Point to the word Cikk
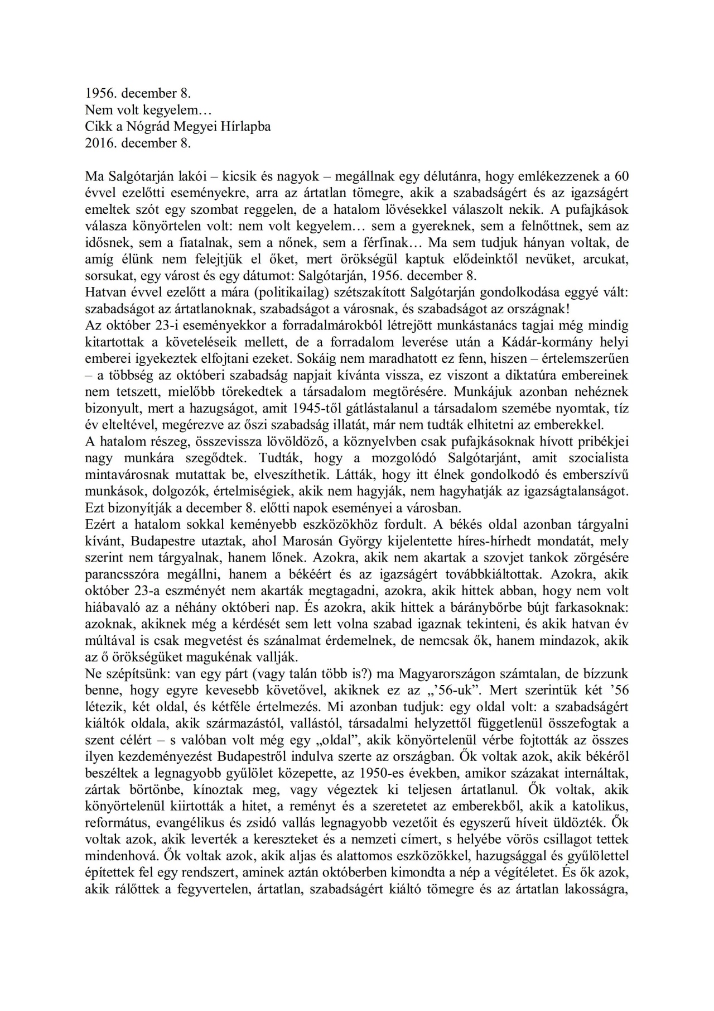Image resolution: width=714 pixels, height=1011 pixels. coord(96,127)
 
